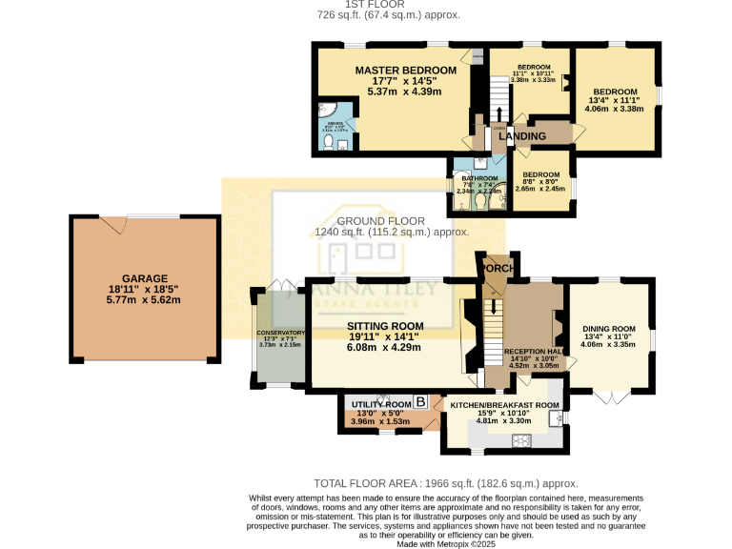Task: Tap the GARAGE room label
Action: (144, 278)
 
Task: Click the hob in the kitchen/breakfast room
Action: (522, 439)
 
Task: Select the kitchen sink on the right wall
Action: (553, 417)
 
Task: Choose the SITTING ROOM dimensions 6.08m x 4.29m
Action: (383, 347)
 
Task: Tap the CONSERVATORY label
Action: (278, 333)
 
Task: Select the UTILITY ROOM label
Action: (380, 404)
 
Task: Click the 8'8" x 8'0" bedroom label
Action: (539, 175)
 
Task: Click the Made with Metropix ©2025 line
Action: (365, 543)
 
